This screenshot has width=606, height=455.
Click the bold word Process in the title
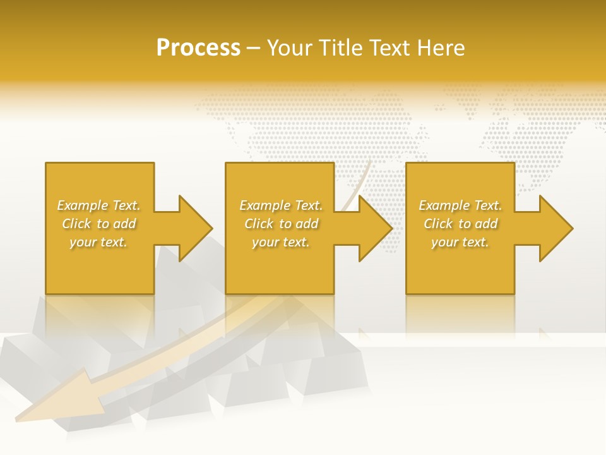[198, 48]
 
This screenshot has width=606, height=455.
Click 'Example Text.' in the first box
[99, 205]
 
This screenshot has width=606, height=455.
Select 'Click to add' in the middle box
[281, 224]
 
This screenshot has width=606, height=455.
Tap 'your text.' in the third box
[460, 242]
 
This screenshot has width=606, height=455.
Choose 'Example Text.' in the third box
[460, 205]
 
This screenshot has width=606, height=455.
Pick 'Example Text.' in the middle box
[281, 205]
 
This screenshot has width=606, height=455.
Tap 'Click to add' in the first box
[99, 224]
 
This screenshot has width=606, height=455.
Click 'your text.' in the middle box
[280, 242]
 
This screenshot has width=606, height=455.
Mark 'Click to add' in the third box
[461, 224]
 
